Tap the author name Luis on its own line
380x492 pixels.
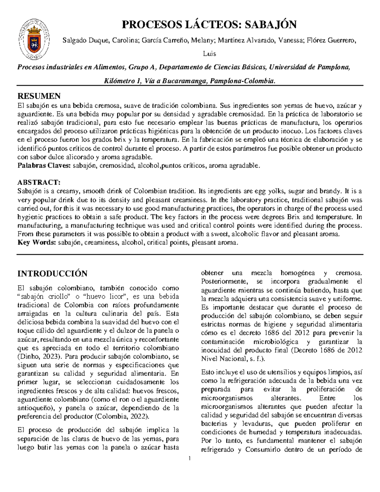pos(210,54)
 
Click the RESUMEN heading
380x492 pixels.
pos(39,96)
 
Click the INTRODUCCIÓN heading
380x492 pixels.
pos(52,273)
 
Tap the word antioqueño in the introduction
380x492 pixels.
pos(32,407)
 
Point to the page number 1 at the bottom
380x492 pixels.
pos(190,459)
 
